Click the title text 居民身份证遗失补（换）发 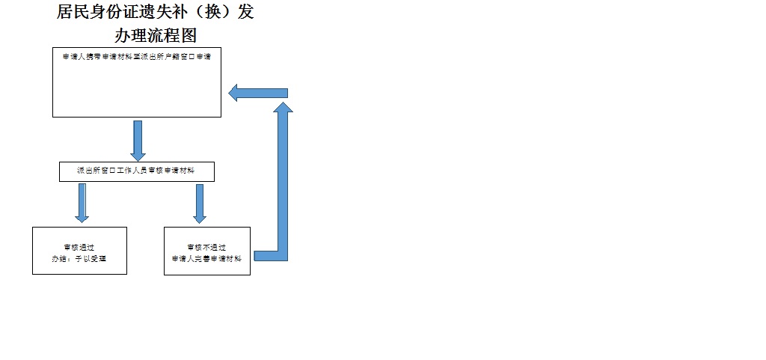coord(156,13)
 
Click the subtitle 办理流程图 coord(156,35)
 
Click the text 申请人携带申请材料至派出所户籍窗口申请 coord(137,57)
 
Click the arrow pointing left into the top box coord(257,93)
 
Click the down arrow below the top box coord(138,140)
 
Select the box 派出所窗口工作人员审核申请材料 coord(137,171)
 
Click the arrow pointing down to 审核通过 coord(82,203)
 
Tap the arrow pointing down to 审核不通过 coord(199,203)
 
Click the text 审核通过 coord(79,246)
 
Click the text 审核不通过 coord(206,246)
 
